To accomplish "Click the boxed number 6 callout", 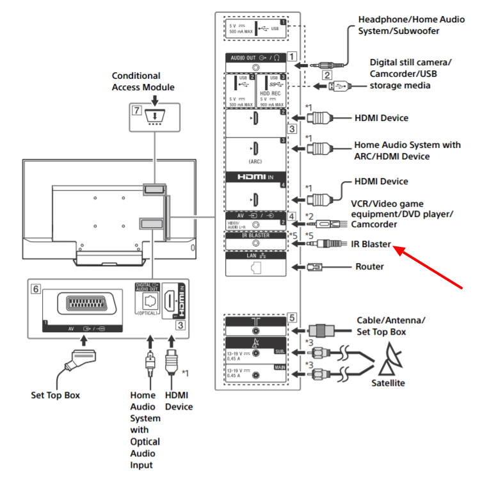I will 37,289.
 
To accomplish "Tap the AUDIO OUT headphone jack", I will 256,66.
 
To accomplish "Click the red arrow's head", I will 397,250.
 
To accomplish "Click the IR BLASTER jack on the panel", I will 256,244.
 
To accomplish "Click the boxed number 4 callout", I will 292,215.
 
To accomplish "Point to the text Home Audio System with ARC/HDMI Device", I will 408,150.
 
